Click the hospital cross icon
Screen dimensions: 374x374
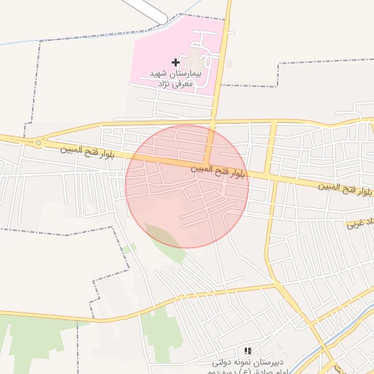coord(175,63)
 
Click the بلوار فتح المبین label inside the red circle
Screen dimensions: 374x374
coord(218,172)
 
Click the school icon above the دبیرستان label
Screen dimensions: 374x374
coord(248,351)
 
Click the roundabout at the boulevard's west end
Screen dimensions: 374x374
coord(37,143)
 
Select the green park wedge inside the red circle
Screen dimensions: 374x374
coord(167,240)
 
